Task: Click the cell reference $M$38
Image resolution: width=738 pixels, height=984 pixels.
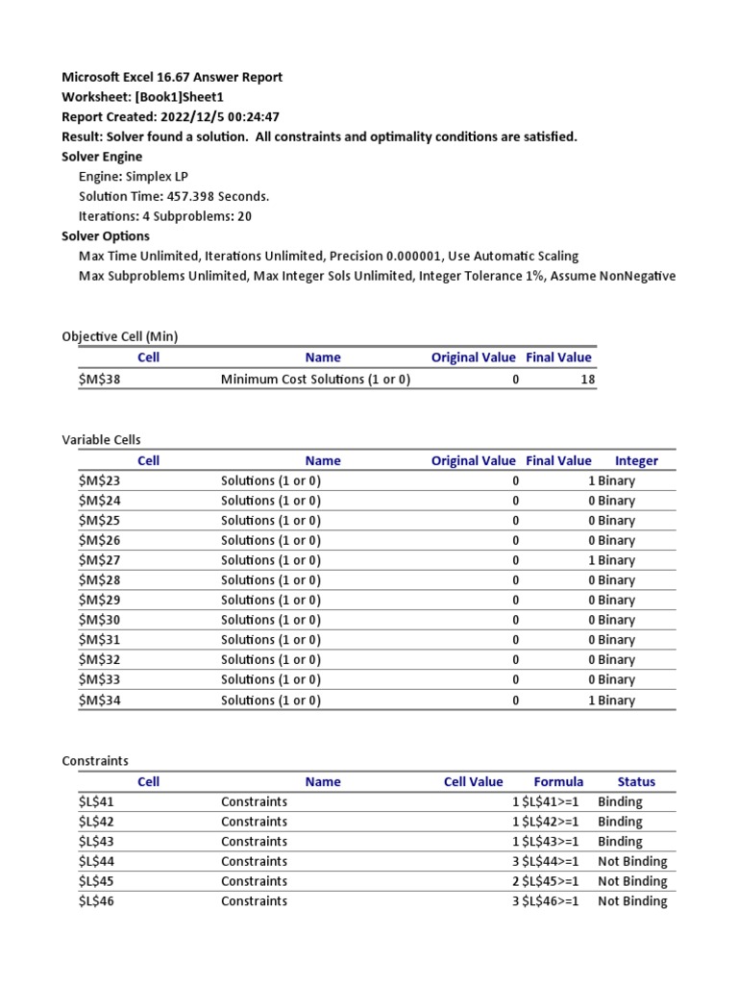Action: pos(100,380)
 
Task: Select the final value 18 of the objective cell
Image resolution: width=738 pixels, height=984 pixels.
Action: pos(587,380)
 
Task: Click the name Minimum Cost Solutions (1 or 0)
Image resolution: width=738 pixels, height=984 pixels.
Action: pos(315,380)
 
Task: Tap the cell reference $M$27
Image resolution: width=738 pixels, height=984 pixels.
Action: pos(100,560)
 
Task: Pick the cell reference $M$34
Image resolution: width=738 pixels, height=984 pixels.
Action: pos(100,701)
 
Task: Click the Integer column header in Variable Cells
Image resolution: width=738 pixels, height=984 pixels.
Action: pos(636,460)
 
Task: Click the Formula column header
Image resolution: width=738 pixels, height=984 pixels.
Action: pos(558,781)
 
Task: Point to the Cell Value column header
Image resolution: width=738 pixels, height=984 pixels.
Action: pos(473,781)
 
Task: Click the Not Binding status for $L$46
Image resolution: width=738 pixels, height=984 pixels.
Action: pos(631,901)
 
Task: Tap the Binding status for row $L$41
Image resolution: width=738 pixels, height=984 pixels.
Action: pos(620,801)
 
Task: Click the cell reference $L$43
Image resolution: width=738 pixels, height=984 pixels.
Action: pos(99,841)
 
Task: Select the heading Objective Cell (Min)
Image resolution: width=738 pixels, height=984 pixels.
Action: pos(120,336)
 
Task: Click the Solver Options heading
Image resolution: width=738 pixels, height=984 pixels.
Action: pos(106,236)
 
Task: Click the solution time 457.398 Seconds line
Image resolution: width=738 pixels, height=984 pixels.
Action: pos(174,196)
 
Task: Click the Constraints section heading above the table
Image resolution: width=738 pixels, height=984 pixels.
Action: pos(95,760)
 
